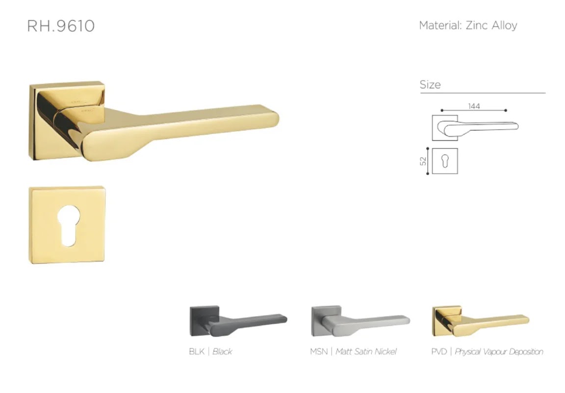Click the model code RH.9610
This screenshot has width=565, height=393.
pyautogui.click(x=61, y=26)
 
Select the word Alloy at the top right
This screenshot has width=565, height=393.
pyautogui.click(x=505, y=26)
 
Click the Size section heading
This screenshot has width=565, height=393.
pyautogui.click(x=430, y=84)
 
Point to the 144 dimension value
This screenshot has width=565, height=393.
pyautogui.click(x=474, y=106)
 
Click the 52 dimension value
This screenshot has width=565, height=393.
pyautogui.click(x=423, y=161)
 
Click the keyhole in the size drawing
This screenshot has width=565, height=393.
pyautogui.click(x=445, y=161)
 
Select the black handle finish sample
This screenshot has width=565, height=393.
pyautogui.click(x=238, y=321)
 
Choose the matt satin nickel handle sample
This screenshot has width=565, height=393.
pyautogui.click(x=360, y=321)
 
